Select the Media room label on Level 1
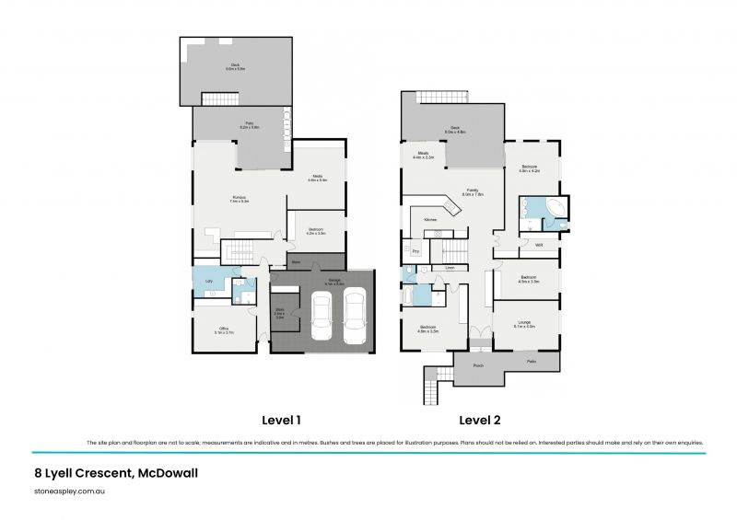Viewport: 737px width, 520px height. tap(316, 178)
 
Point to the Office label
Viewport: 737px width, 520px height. tap(224, 331)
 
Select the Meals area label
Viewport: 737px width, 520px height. tap(424, 156)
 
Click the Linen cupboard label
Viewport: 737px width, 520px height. tap(450, 268)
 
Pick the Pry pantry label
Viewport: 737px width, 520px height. tap(415, 250)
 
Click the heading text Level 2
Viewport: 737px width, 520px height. tap(480, 421)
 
